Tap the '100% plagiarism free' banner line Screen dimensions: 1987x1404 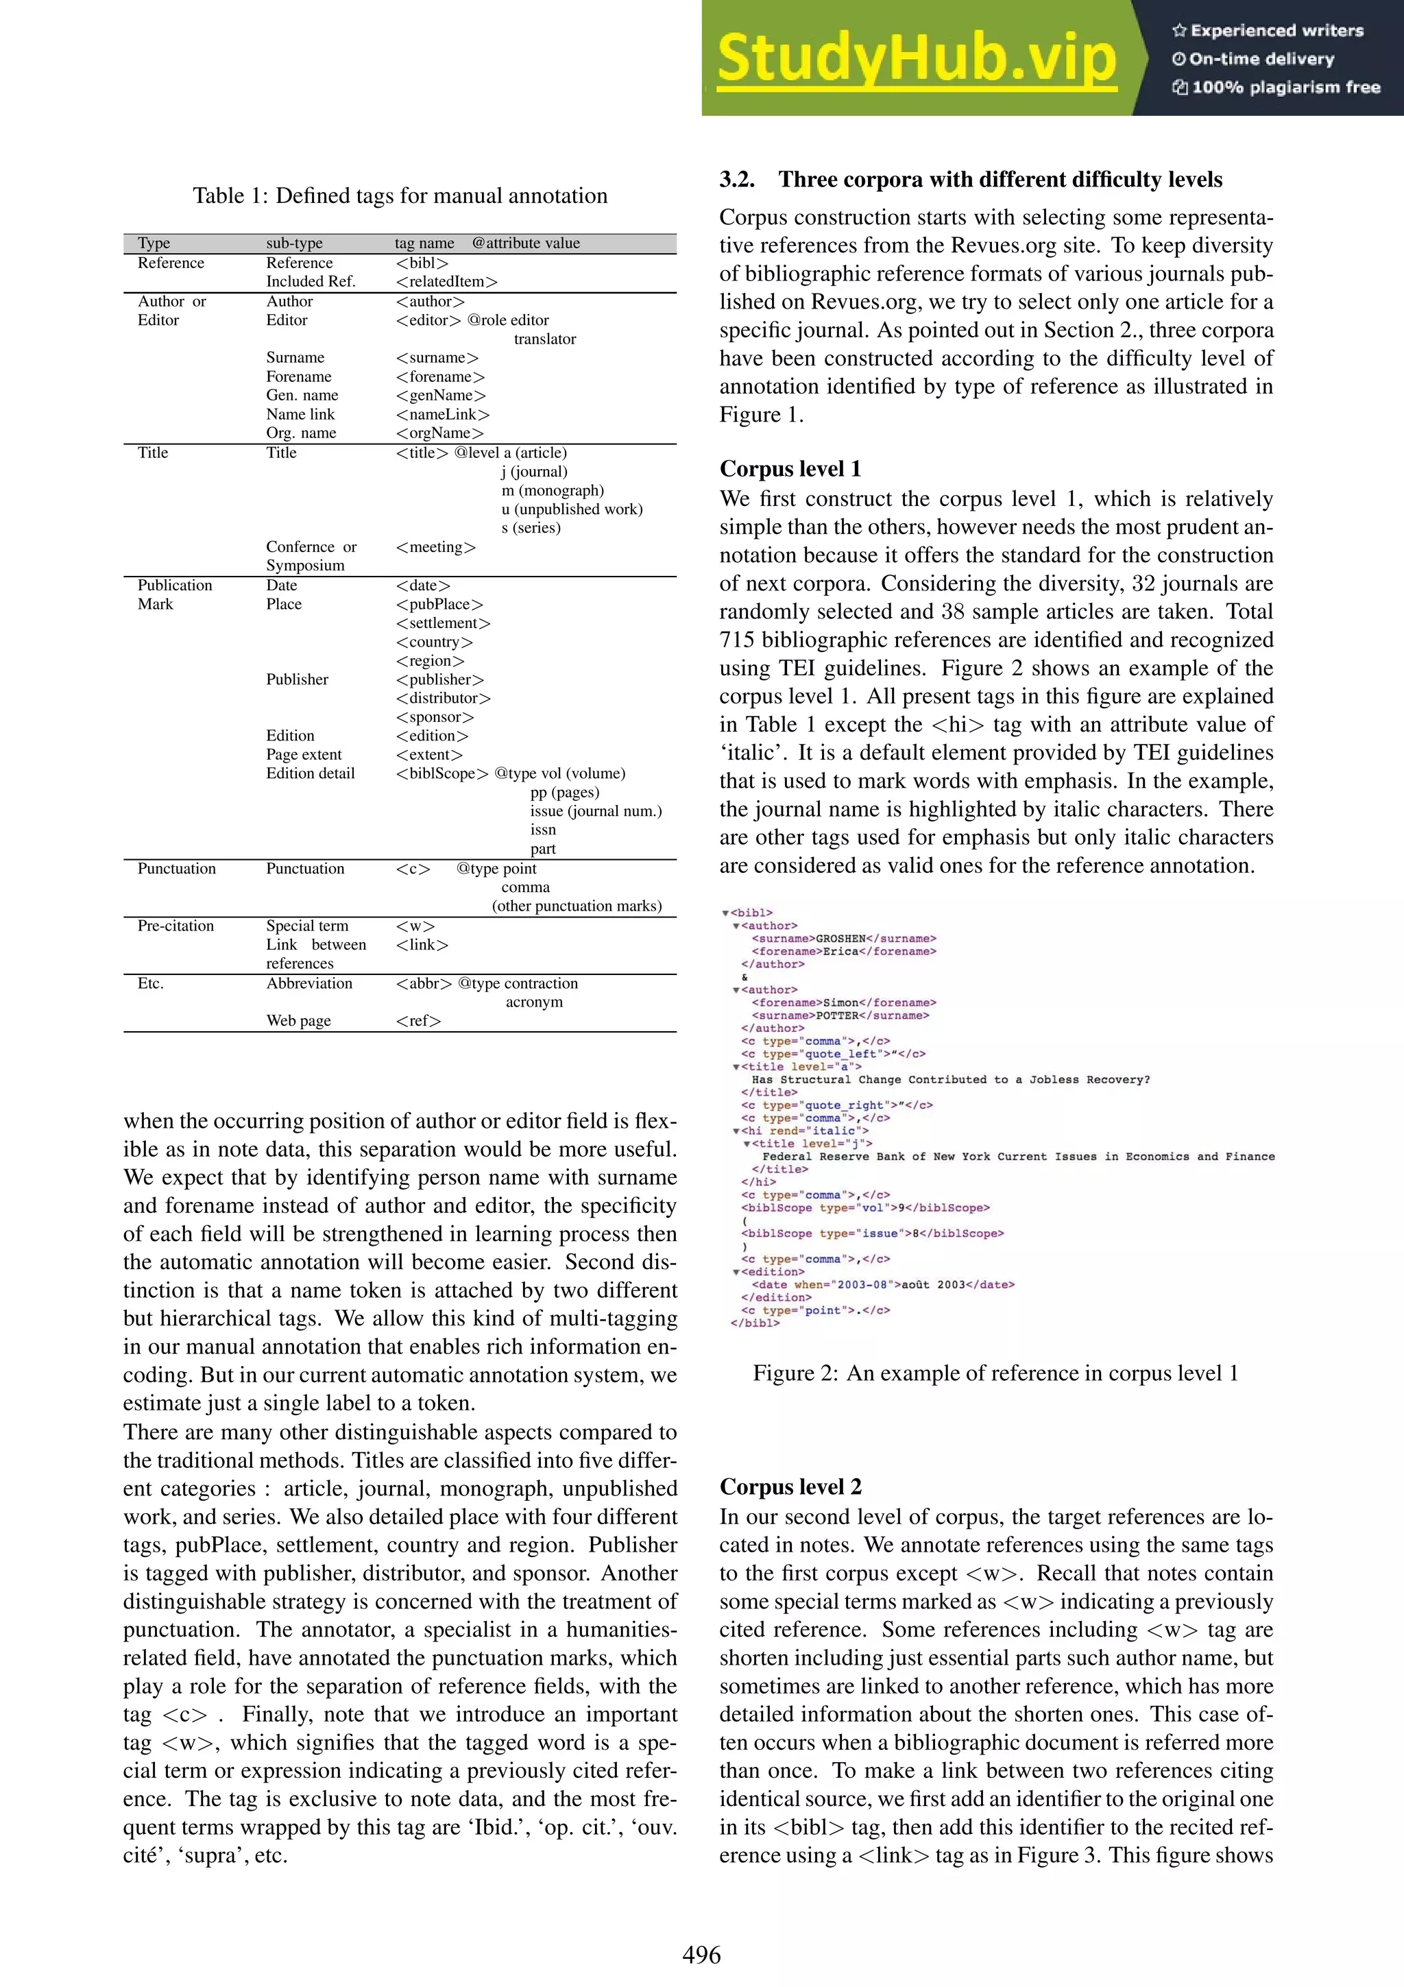pos(1277,86)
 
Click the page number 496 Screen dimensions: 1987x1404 pos(701,1954)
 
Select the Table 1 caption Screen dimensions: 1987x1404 pos(400,195)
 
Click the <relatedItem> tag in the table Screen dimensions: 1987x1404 pos(446,281)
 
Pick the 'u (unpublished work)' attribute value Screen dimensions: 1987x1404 pos(572,509)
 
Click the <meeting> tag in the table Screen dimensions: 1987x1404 pos(435,547)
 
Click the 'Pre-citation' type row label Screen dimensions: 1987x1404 pos(175,925)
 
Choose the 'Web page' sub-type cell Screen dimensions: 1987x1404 pos(298,1020)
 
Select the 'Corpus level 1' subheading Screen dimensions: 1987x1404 pos(790,468)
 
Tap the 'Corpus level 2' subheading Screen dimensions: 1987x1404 pos(790,1486)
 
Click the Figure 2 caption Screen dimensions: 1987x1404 pos(995,1373)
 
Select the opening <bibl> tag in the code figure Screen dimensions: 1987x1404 pos(751,912)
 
